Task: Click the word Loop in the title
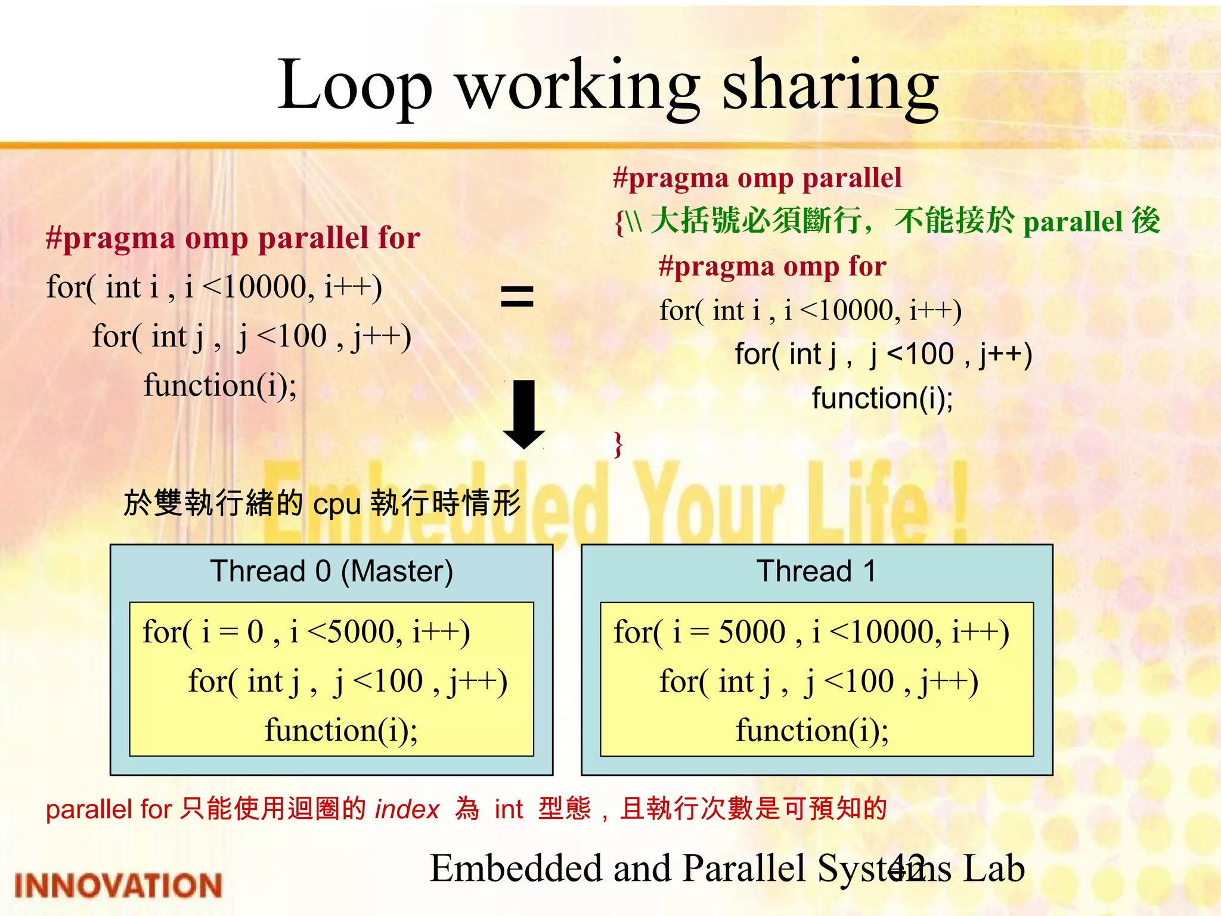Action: (354, 86)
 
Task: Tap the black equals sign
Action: (517, 296)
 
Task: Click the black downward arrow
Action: (523, 414)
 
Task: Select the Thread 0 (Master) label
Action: (331, 571)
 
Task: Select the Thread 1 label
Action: (816, 571)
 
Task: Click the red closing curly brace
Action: (619, 444)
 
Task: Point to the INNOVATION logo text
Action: (118, 885)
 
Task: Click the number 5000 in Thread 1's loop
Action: (752, 632)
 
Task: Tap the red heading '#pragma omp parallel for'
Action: (233, 238)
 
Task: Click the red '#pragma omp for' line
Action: (773, 267)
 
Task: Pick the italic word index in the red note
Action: (407, 810)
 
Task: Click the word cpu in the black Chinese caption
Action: (337, 505)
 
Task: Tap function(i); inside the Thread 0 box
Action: (341, 731)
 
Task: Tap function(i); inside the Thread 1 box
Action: (812, 731)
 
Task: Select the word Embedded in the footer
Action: (516, 868)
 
